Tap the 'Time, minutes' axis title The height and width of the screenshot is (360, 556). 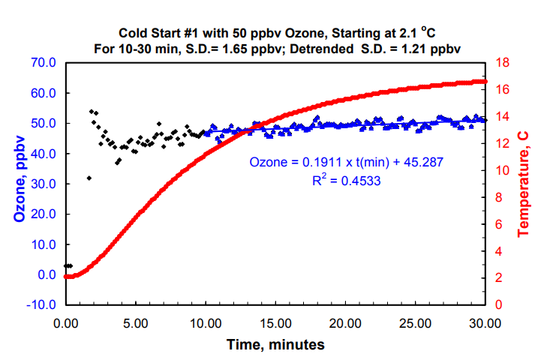(276, 345)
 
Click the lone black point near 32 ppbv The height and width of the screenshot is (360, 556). (89, 178)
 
